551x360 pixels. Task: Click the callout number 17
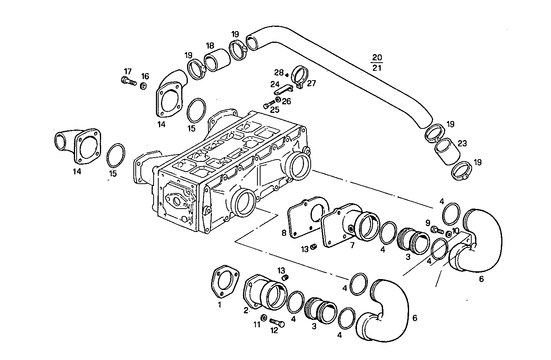coord(128,71)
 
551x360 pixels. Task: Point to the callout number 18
coord(210,45)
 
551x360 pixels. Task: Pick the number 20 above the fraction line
coord(377,58)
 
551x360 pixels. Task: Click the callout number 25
coord(275,110)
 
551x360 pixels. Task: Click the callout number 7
coord(352,245)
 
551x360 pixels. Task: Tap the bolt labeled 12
coord(276,323)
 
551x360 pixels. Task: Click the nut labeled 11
coord(263,318)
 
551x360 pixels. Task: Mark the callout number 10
coord(455,230)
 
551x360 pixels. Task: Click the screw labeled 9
coord(437,230)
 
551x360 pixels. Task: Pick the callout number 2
coord(246,310)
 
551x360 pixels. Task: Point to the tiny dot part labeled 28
coord(287,75)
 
